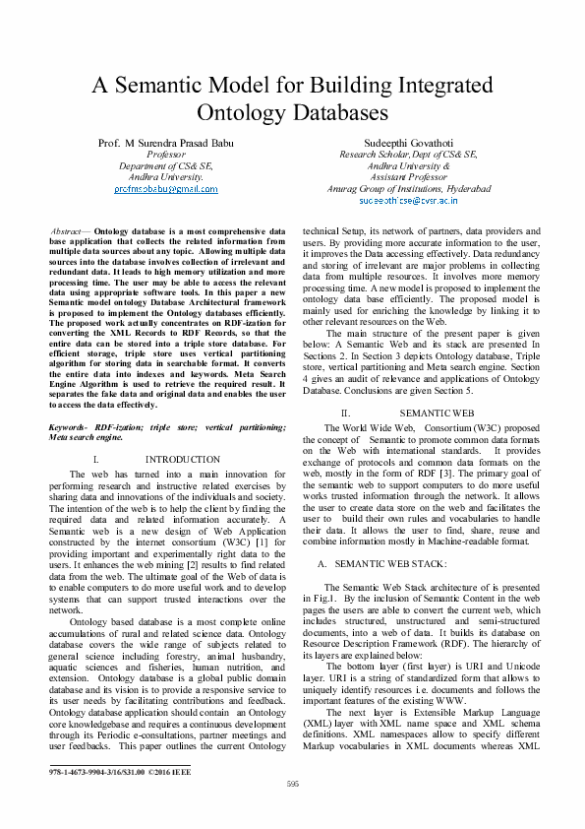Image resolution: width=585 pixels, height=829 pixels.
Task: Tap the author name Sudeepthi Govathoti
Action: [x=407, y=144]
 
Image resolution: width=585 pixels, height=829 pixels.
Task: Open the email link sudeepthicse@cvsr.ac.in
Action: [x=407, y=199]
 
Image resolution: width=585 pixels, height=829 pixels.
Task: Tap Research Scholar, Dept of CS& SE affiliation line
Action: [x=407, y=155]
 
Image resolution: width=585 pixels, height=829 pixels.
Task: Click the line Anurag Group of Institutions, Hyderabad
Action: [x=407, y=188]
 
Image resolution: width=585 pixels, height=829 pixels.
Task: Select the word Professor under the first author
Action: [x=164, y=155]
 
